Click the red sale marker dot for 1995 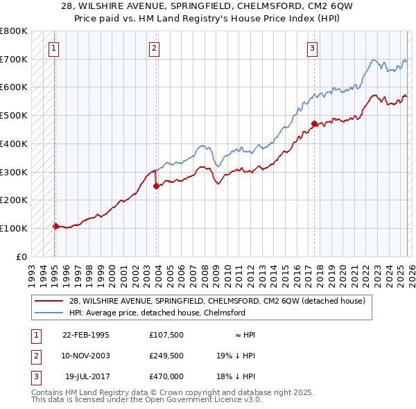coord(55,226)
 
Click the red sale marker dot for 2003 coord(156,186)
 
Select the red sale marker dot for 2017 coord(314,124)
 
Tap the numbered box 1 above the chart coord(53,49)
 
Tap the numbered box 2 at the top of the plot coord(153,49)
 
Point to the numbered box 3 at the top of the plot coord(313,49)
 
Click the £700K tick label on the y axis coord(13,59)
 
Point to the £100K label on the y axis coord(13,228)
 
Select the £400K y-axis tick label coord(13,143)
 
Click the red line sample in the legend coord(50,301)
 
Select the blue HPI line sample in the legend coord(50,313)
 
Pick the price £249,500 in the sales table coord(166,356)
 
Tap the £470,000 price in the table coord(166,376)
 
